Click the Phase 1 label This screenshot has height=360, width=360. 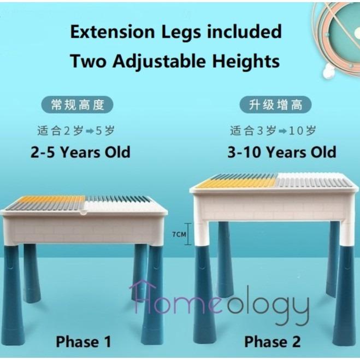(x=84, y=342)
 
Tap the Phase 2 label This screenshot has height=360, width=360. (x=272, y=342)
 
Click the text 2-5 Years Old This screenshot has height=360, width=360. (x=80, y=152)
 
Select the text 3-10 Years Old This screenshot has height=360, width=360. (x=281, y=152)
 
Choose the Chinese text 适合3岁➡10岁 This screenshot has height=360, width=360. (x=273, y=131)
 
